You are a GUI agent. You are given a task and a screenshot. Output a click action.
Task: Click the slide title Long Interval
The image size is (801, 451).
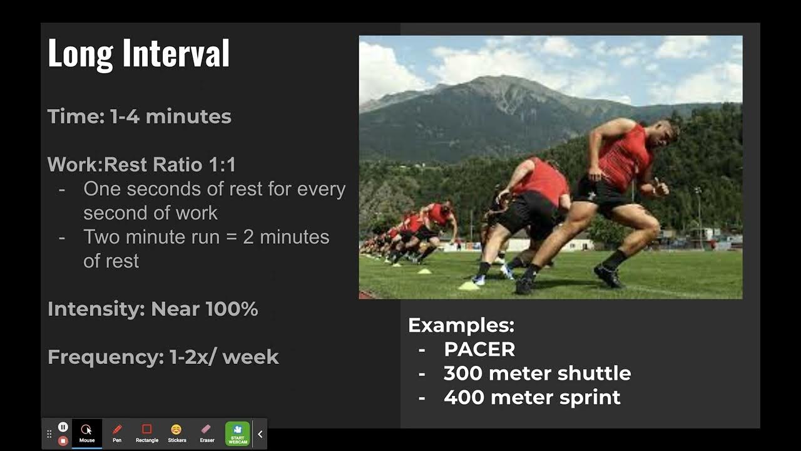(x=138, y=53)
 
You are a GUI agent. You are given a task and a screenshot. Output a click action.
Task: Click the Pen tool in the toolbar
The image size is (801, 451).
(x=117, y=433)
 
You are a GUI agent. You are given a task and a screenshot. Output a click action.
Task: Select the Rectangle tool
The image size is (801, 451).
(x=147, y=433)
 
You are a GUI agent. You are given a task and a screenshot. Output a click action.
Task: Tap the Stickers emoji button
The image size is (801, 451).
(x=177, y=433)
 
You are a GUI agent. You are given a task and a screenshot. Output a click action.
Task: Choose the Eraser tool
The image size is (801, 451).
(x=207, y=433)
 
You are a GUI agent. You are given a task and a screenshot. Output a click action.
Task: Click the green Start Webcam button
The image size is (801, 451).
(x=238, y=433)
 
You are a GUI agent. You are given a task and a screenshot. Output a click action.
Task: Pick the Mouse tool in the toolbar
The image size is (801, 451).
(x=87, y=433)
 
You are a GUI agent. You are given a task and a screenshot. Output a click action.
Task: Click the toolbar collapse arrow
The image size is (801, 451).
(x=260, y=433)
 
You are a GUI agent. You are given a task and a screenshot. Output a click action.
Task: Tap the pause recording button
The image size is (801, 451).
(x=63, y=427)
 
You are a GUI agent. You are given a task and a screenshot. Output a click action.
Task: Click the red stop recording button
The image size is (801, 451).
(x=63, y=440)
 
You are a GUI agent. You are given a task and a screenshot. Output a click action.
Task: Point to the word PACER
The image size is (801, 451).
(x=479, y=350)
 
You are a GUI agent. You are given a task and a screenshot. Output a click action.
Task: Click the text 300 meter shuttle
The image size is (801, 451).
(x=537, y=373)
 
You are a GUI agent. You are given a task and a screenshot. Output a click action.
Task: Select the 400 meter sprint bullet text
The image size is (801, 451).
(x=532, y=397)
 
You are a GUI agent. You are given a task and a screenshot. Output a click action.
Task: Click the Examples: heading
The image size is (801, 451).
(x=461, y=325)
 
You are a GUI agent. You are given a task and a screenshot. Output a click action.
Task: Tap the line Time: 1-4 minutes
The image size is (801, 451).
(x=140, y=117)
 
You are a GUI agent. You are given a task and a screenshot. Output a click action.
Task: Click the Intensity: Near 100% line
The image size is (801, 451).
(x=153, y=309)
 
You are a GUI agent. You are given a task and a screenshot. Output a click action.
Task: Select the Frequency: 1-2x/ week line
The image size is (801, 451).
(x=163, y=357)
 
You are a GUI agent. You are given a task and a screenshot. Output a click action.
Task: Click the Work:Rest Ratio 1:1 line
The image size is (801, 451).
(x=141, y=165)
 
